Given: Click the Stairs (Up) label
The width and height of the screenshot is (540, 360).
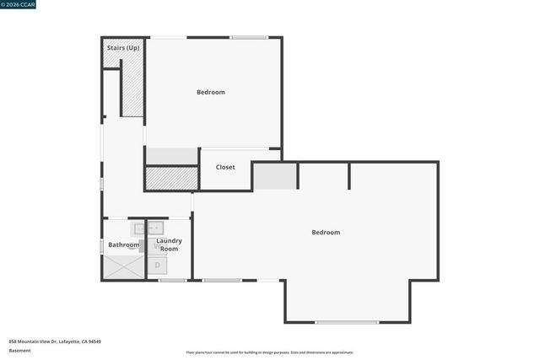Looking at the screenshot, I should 123,47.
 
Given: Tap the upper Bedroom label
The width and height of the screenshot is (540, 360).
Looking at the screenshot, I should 211,92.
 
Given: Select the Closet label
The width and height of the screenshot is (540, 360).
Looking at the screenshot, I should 225,167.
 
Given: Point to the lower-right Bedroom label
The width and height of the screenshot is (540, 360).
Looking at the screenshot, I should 326,232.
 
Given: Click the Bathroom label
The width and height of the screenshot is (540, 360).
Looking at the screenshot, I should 123,244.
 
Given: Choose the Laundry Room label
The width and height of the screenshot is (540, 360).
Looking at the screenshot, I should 169,244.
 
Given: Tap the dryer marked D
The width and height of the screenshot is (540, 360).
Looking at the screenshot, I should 157,266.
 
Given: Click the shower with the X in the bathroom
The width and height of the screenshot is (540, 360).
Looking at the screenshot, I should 124,266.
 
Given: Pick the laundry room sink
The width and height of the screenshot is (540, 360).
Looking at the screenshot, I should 155,228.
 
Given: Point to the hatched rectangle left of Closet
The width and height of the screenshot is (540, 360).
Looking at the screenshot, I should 171,178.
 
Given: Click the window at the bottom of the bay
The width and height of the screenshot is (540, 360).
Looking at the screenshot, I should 347,322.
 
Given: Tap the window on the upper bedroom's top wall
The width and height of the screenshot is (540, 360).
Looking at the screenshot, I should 249,37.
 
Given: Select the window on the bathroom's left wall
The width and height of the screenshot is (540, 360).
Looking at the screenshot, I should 102,245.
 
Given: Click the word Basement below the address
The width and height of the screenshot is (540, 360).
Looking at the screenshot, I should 19,350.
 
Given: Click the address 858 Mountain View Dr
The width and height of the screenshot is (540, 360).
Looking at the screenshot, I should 55,341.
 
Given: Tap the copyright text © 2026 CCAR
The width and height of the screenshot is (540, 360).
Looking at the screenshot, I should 19,4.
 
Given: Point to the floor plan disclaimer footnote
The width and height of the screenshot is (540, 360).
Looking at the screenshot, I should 269,352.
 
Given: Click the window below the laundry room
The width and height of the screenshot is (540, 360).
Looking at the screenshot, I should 172,280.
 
